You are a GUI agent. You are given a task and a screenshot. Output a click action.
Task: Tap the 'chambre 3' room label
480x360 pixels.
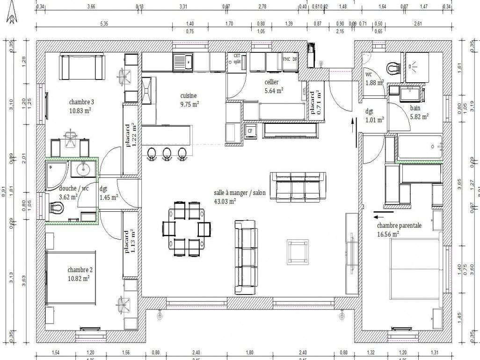coord(81,102)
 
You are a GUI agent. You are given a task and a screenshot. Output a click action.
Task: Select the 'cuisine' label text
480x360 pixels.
coord(189,96)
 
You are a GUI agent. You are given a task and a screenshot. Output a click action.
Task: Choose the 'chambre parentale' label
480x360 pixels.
coord(399,225)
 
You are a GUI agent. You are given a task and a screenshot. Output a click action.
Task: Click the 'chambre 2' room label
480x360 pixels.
coord(80,270)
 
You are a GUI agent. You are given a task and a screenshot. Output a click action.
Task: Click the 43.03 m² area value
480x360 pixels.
coord(225,201)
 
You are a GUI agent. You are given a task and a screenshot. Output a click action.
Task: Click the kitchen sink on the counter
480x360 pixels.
coord(182,61)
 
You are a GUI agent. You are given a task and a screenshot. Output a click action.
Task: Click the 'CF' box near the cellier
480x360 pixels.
coord(250,130)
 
